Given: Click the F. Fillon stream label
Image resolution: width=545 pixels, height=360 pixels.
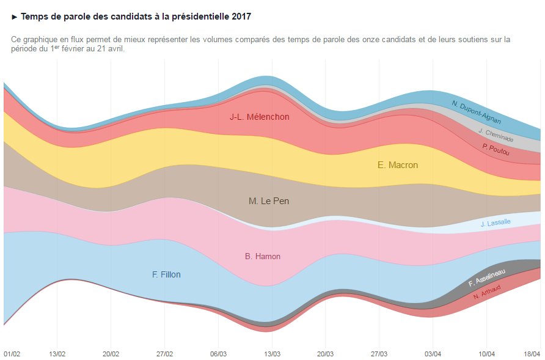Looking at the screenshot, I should point(166,275).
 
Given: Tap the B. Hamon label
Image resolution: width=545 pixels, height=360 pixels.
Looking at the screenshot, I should point(263,257).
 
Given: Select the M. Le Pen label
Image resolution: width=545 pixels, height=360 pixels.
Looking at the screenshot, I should point(269,201).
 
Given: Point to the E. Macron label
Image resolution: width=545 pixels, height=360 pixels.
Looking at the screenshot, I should point(398,165).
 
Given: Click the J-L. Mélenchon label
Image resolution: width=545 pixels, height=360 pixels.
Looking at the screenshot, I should point(260,117).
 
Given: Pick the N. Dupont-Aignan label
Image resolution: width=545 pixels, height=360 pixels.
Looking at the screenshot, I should point(477,112).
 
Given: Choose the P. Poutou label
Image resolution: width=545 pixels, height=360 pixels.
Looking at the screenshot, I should point(496,149).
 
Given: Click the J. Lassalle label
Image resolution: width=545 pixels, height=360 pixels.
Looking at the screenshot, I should point(496,223).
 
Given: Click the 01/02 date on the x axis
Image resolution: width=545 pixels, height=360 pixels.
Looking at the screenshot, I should point(12,354).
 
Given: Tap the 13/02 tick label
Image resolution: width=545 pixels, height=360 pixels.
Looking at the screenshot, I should point(57,354).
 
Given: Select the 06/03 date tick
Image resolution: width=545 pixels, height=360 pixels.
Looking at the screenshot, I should point(218,354).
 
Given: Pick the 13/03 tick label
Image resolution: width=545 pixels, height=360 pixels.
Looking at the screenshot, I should point(272,354).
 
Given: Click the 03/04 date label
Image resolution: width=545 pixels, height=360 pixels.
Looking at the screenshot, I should point(433,354).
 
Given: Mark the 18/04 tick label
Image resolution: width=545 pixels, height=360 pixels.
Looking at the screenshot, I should point(532,354).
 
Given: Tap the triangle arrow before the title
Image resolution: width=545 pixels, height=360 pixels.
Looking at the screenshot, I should point(15,16).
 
